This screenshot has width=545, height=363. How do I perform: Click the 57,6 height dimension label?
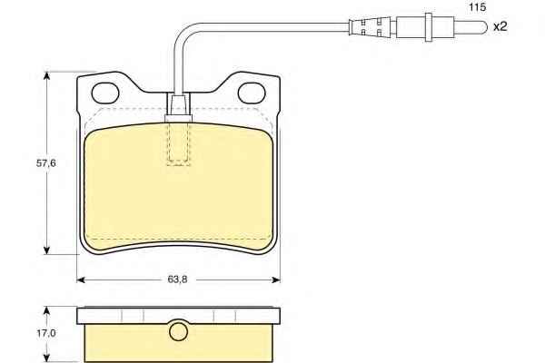[46, 163]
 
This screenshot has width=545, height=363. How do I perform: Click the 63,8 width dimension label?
[177, 280]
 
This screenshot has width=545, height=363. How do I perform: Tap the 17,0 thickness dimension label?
[46, 333]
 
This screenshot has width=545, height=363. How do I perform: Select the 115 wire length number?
[478, 7]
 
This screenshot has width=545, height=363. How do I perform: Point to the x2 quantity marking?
[500, 26]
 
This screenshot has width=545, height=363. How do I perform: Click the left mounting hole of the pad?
[105, 93]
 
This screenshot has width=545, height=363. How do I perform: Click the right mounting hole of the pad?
[252, 93]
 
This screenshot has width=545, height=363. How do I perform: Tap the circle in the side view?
[178, 331]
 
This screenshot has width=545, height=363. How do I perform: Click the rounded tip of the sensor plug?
[484, 26]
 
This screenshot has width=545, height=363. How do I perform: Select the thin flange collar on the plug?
[429, 27]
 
